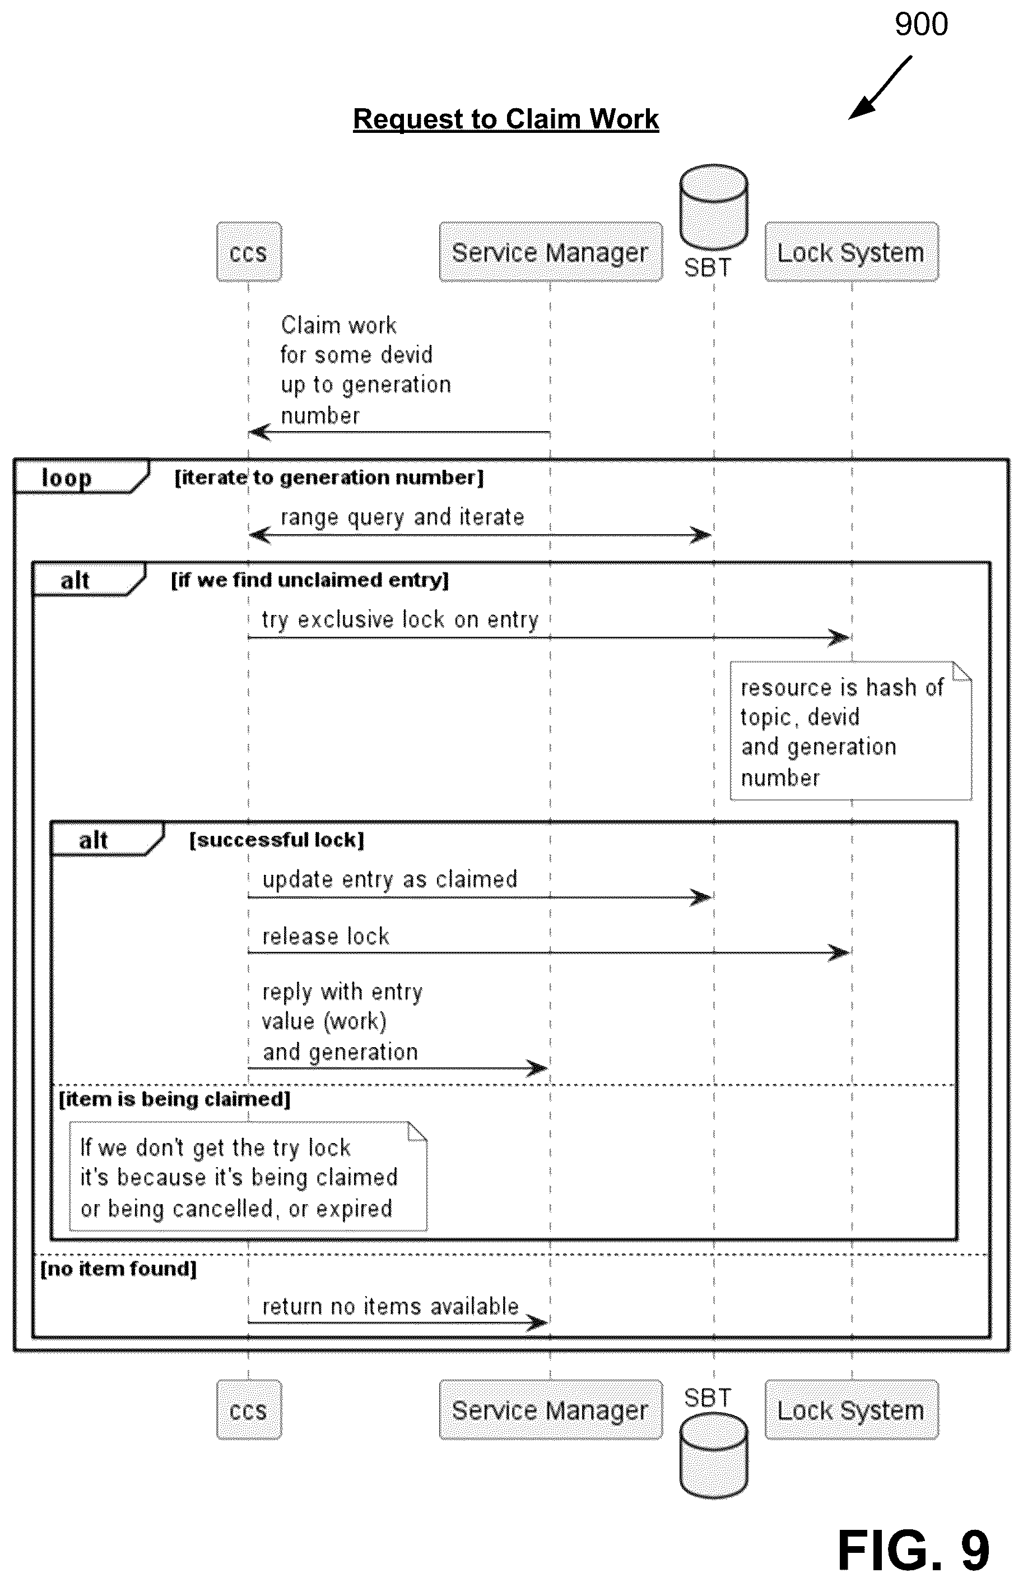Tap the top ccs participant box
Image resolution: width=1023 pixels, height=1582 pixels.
249,252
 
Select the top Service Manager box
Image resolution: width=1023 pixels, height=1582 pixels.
551,252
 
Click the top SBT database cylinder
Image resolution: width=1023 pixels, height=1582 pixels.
714,206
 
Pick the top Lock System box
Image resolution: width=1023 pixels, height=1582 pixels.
852,252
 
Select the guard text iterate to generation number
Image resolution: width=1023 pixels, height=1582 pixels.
329,477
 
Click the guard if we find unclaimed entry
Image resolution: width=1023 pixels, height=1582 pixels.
310,580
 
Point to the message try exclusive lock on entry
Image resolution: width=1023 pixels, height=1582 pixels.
400,619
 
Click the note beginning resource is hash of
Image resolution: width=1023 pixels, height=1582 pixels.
851,730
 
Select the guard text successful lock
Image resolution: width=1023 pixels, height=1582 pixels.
277,840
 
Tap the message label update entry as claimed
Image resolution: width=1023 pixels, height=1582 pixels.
390,880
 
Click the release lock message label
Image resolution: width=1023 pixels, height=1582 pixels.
325,936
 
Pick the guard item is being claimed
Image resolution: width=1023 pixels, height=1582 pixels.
175,1099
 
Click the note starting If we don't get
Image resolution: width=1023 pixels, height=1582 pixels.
248,1177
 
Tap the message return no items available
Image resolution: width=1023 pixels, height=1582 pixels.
390,1306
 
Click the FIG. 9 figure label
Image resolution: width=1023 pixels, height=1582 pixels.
913,1550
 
